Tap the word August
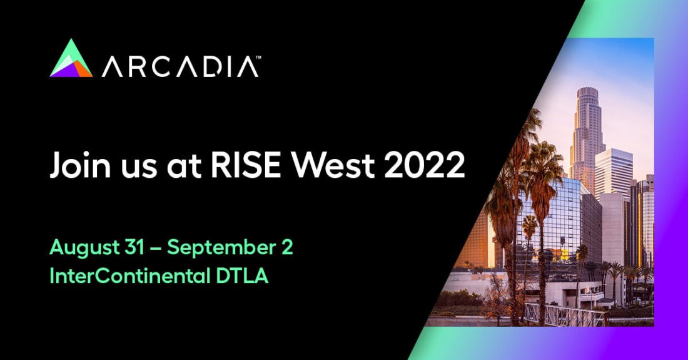click(x=84, y=248)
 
